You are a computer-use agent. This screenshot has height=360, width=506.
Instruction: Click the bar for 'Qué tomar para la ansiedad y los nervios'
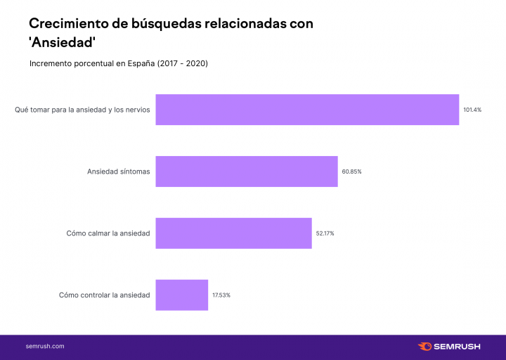(x=307, y=110)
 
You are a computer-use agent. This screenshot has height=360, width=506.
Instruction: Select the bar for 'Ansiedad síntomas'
(x=247, y=172)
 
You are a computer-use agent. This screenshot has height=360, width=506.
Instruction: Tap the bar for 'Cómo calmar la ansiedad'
(x=233, y=233)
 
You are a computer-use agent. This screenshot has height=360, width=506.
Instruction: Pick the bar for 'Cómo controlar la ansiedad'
(x=182, y=295)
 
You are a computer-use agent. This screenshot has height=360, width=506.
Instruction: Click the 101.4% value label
(x=472, y=110)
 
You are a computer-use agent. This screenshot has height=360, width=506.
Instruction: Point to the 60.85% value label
(x=351, y=172)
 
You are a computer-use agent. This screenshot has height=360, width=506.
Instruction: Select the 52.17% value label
(x=325, y=233)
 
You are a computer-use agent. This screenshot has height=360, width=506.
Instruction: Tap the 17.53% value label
(x=221, y=295)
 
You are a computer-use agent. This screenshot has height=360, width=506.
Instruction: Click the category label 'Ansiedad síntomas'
(x=118, y=172)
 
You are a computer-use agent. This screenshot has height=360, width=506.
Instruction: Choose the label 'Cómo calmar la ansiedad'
(x=108, y=233)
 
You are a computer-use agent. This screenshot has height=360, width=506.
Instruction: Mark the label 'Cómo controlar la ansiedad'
(x=104, y=295)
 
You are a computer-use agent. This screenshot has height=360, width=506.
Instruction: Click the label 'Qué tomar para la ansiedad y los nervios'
(x=82, y=110)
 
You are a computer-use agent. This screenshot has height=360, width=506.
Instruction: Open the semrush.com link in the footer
(x=45, y=347)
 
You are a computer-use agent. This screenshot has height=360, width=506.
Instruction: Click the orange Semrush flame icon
(x=424, y=347)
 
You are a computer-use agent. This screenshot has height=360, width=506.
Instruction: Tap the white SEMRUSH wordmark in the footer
(x=458, y=347)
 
